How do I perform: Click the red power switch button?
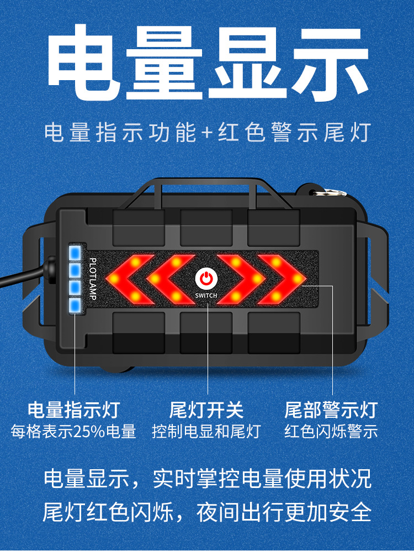pyautogui.click(x=206, y=279)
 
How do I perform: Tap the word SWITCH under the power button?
pyautogui.click(x=206, y=296)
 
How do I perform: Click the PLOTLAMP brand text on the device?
pyautogui.click(x=93, y=279)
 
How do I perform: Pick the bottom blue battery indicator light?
pyautogui.click(x=75, y=306)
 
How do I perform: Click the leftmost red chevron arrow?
pyautogui.click(x=129, y=279)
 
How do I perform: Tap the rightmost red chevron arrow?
pyautogui.click(x=282, y=279)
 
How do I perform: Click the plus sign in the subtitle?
pyautogui.click(x=208, y=133)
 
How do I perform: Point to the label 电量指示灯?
pyautogui.click(x=74, y=410)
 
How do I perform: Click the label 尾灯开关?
pyautogui.click(x=206, y=410)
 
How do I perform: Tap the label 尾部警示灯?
pyautogui.click(x=331, y=410)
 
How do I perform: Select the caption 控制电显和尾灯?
pyautogui.click(x=206, y=432)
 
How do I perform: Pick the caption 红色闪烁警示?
pyautogui.click(x=331, y=432)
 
